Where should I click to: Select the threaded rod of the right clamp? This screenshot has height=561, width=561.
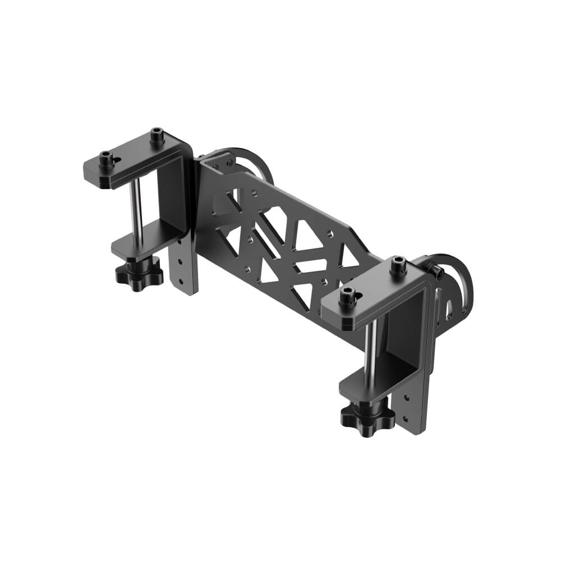pyautogui.click(x=369, y=350)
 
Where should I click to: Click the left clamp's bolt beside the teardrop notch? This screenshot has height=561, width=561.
pyautogui.click(x=106, y=158)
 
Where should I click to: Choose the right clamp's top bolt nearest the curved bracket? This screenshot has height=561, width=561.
pyautogui.click(x=398, y=264)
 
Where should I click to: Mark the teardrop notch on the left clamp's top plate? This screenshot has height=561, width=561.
pyautogui.click(x=116, y=162)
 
